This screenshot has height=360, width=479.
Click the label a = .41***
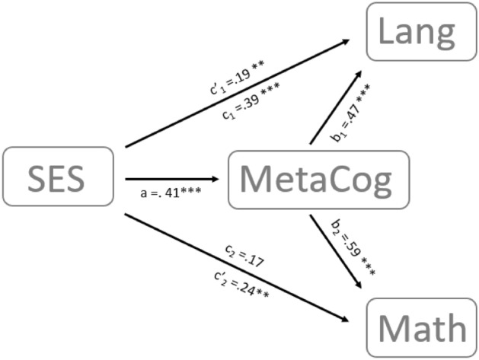[171, 191]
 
